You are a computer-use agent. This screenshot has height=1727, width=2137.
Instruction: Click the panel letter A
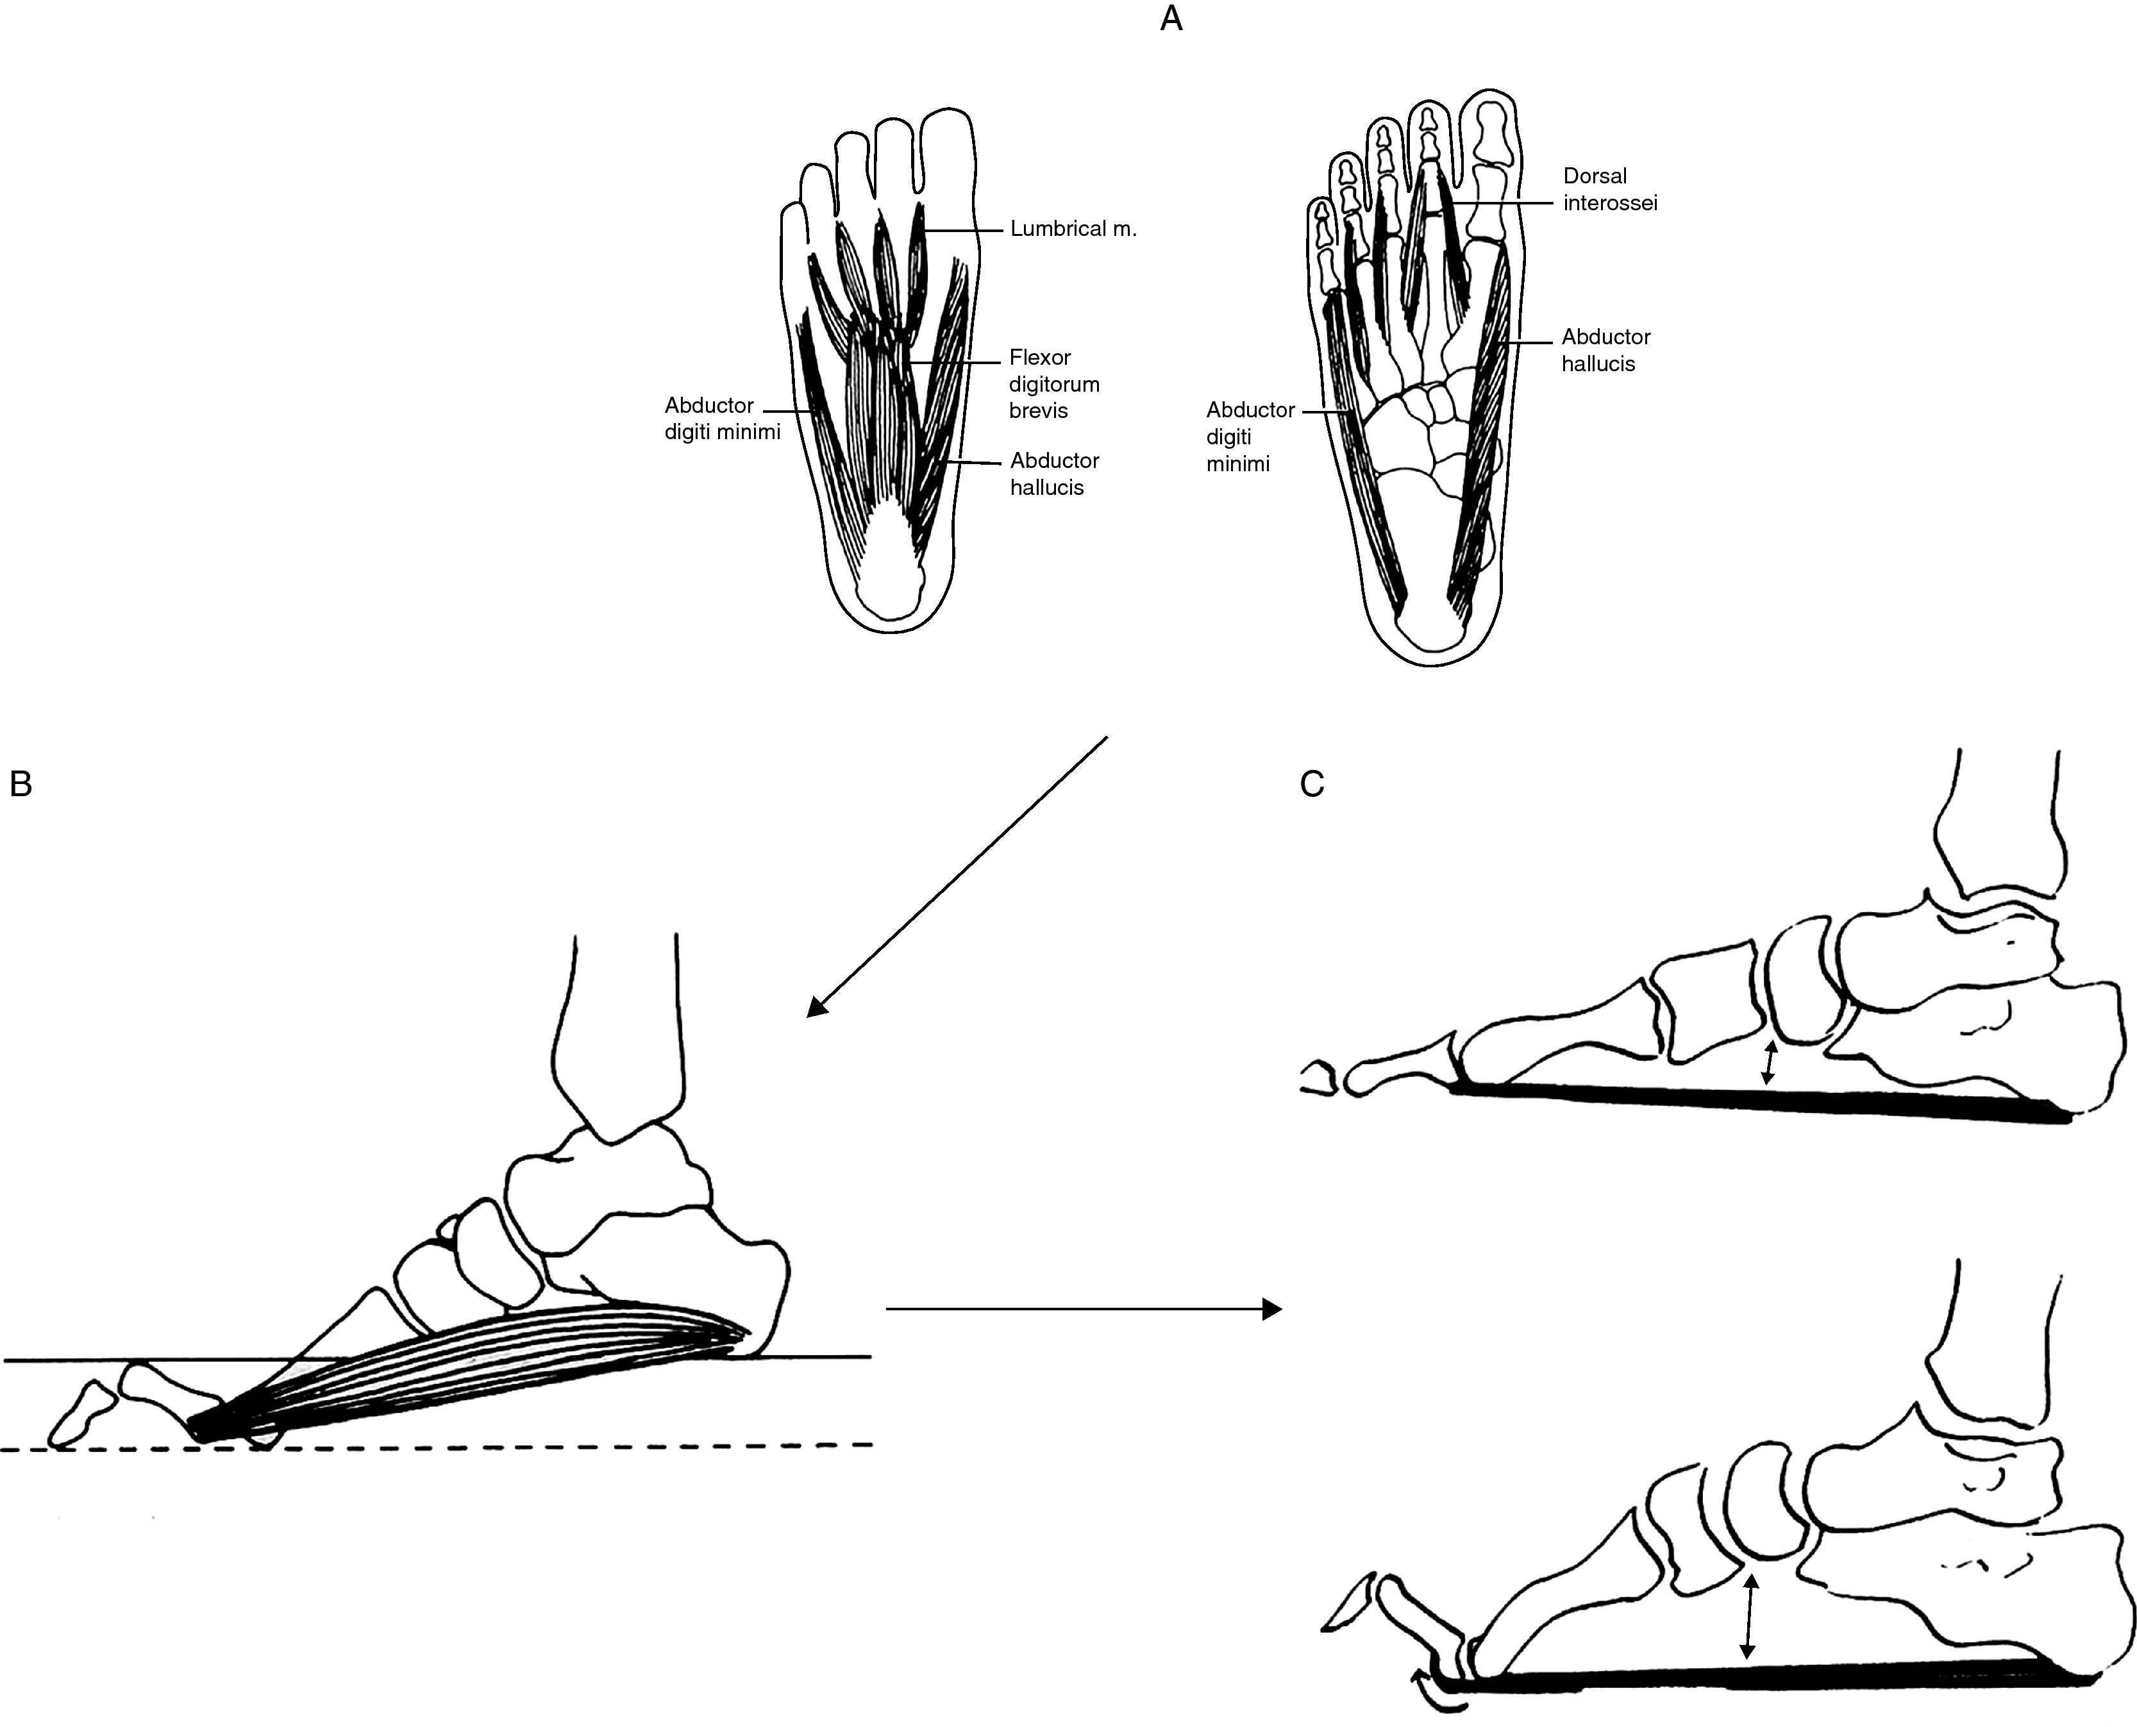(x=1171, y=19)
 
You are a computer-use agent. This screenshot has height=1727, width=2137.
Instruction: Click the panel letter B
(x=21, y=785)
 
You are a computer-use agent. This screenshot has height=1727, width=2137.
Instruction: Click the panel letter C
(x=1312, y=785)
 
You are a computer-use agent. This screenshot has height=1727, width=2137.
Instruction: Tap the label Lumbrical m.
(x=1073, y=229)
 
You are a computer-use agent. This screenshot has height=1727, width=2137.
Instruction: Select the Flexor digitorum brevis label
(x=1053, y=384)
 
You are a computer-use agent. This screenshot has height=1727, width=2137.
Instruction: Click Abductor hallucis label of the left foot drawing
(x=1053, y=474)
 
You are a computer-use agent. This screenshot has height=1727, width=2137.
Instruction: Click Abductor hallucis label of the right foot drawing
(x=1605, y=350)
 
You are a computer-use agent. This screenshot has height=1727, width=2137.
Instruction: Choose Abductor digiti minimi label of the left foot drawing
(x=721, y=419)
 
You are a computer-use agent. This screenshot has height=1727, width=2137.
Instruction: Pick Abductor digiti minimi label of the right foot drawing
(x=1250, y=437)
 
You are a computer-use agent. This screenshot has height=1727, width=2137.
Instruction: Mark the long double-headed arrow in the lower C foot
(x=1748, y=1615)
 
